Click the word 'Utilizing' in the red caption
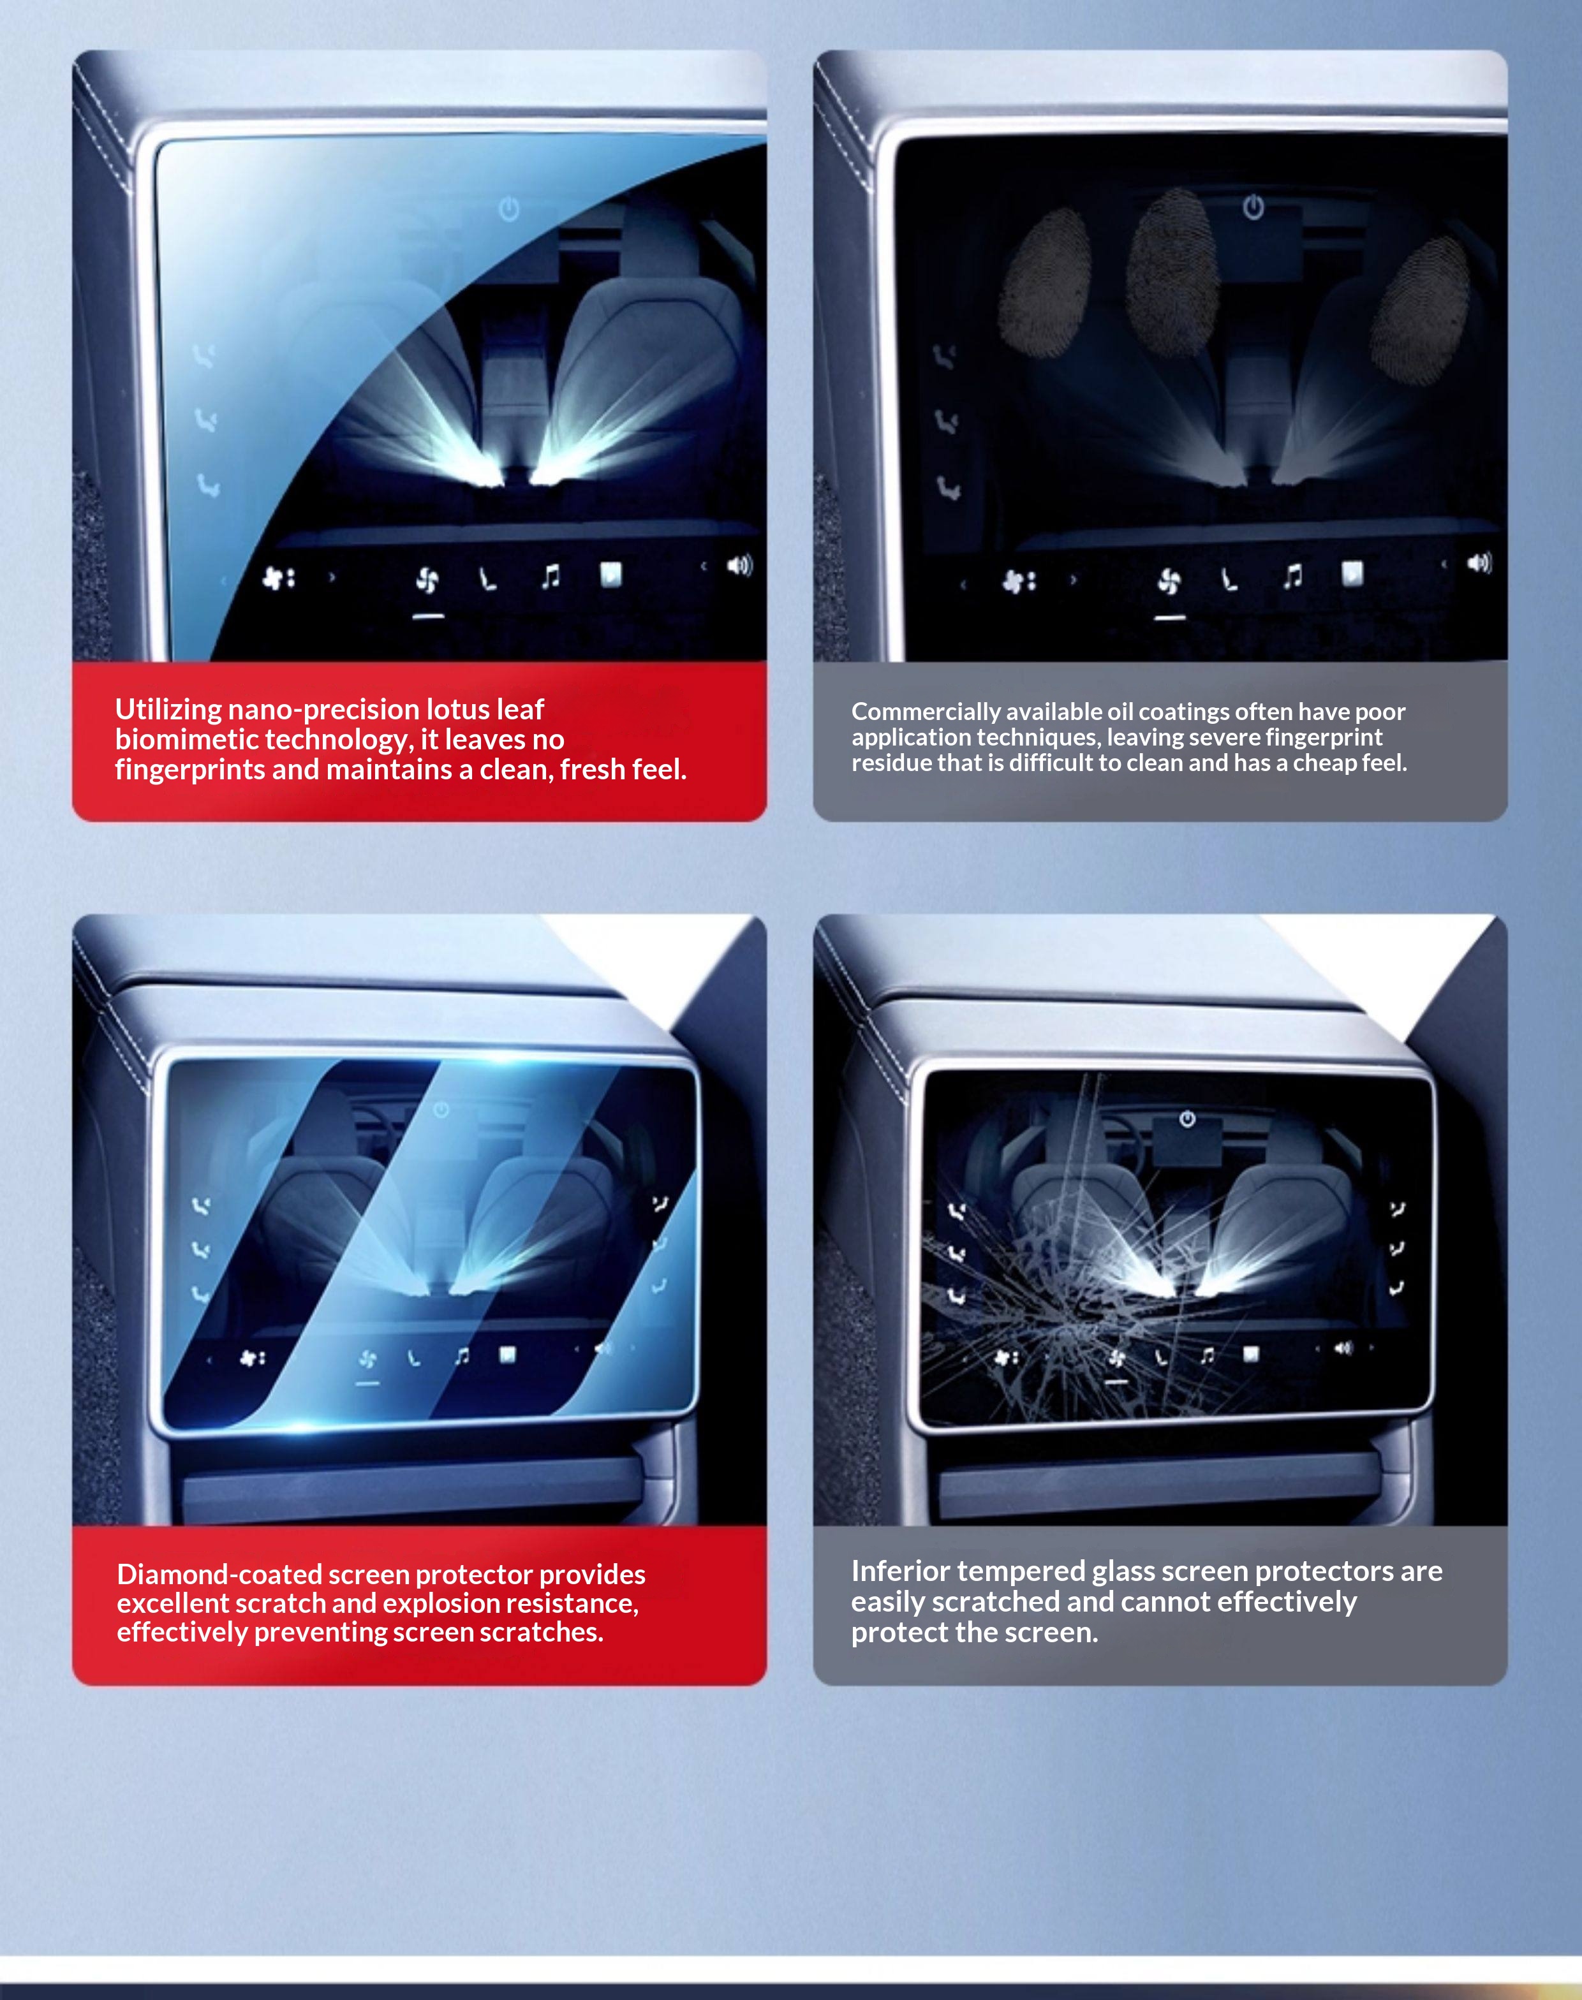click(168, 710)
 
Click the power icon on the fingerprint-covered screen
click(1253, 207)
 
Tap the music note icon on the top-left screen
click(551, 578)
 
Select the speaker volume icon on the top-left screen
click(740, 565)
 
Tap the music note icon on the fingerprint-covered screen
click(1292, 577)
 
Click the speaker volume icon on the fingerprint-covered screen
click(1479, 563)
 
